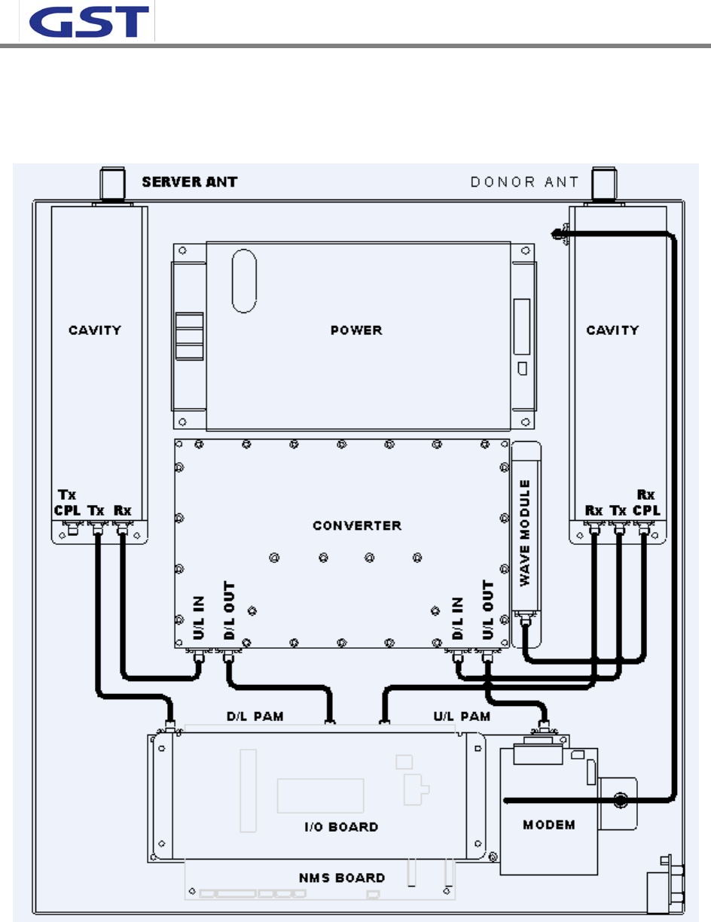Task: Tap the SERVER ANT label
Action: click(x=191, y=181)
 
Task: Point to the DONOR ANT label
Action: click(x=524, y=181)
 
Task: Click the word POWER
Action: click(x=356, y=330)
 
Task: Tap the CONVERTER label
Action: click(x=357, y=525)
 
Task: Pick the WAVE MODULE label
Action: click(x=526, y=531)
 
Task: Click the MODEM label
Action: click(x=548, y=825)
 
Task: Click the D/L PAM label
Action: click(x=255, y=717)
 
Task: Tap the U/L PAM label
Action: click(x=464, y=717)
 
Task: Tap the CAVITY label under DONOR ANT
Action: click(x=613, y=330)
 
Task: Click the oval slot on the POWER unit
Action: click(x=243, y=280)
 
